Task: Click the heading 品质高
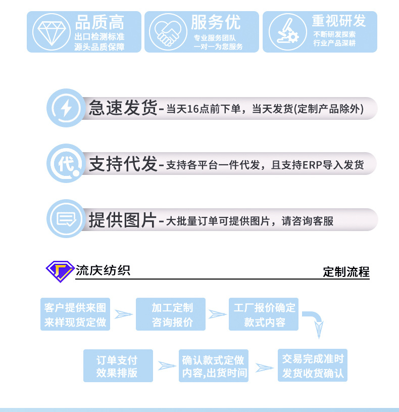99,23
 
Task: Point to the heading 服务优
216,22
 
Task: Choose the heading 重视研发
338,21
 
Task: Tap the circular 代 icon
66,163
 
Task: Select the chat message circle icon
66,219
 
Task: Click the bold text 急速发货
123,108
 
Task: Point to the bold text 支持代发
123,164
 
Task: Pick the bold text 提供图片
123,220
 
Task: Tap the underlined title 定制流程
346,272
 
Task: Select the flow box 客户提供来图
75,314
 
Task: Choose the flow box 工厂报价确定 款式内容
265,314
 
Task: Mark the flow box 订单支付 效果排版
117,367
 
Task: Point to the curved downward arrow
315,324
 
